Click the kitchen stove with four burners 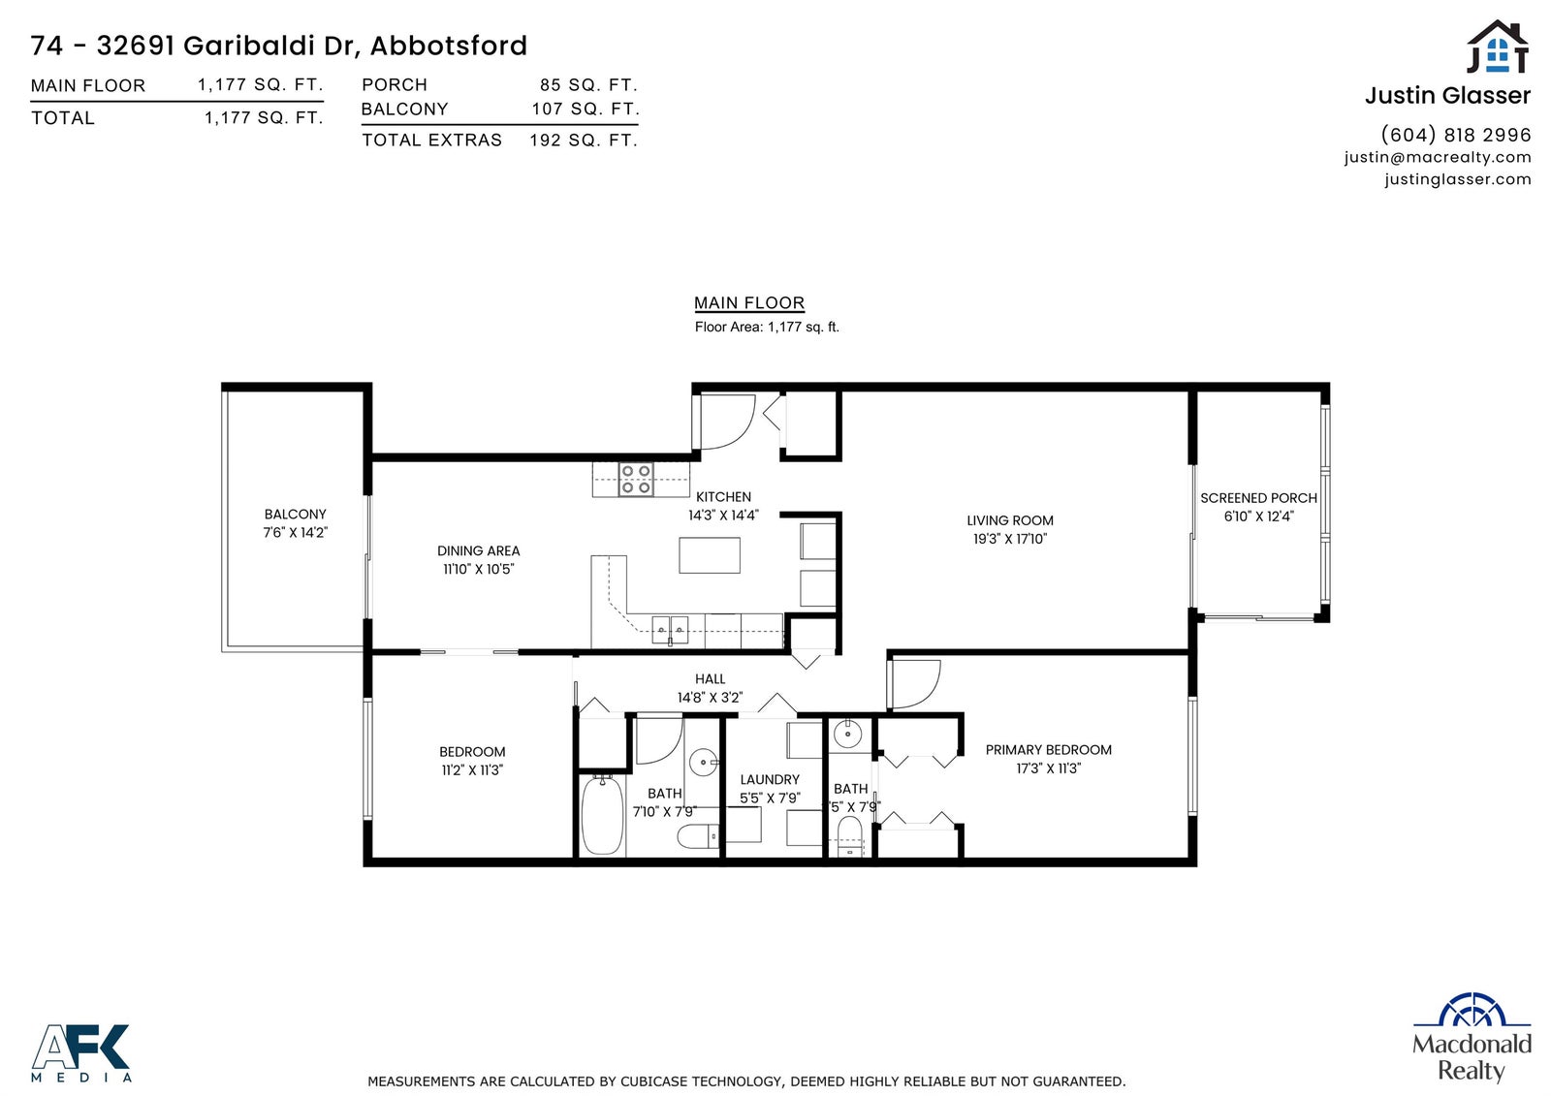point(636,479)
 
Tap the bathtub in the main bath point(602,816)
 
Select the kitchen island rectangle point(709,554)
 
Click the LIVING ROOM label point(1009,520)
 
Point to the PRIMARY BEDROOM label point(1048,750)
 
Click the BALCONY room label point(295,515)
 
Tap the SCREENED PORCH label point(1258,498)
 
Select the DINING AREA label point(479,551)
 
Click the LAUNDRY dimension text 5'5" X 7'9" point(770,798)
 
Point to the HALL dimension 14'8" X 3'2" point(710,697)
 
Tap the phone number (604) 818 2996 point(1455,135)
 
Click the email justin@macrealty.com point(1438,157)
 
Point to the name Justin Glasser point(1447,96)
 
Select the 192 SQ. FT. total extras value point(583,141)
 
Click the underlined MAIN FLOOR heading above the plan point(749,303)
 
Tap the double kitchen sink point(670,630)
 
